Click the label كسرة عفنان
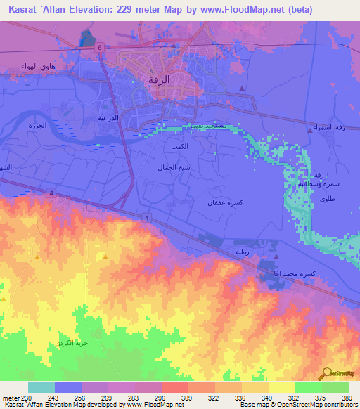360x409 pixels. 226,202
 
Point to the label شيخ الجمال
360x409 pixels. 174,169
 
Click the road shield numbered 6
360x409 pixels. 100,47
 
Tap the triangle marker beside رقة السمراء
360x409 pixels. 310,129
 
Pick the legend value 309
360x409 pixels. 187,397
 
